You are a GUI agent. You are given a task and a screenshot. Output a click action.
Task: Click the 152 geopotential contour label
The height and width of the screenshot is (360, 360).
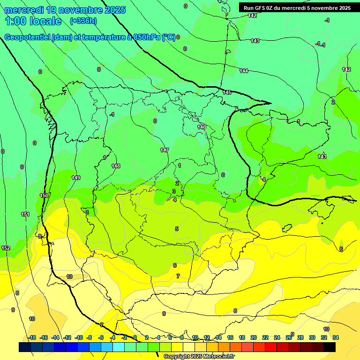click(x=6, y=248)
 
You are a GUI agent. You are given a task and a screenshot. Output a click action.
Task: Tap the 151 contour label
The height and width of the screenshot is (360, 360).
click(x=25, y=214)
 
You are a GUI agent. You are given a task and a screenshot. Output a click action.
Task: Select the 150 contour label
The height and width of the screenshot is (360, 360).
click(x=44, y=195)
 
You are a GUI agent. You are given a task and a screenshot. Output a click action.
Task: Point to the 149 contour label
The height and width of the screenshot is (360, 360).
click(x=76, y=178)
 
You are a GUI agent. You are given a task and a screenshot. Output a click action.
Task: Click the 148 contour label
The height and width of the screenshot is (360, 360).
click(x=116, y=166)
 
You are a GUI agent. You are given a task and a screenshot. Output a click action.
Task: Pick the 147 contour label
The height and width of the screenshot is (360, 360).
click(x=164, y=150)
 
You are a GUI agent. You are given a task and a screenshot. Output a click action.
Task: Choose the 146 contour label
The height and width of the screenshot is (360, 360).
click(x=202, y=127)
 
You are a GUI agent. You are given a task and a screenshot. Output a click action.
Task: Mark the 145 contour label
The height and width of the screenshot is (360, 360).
click(x=227, y=92)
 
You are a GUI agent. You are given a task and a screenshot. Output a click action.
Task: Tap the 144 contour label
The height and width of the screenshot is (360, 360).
click(x=244, y=71)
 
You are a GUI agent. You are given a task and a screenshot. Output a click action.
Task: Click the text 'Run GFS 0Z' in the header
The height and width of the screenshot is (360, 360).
click(x=259, y=8)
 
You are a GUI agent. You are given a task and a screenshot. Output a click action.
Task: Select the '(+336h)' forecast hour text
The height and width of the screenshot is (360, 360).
click(x=83, y=21)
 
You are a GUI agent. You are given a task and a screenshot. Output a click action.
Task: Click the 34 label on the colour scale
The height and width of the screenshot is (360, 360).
click(x=336, y=337)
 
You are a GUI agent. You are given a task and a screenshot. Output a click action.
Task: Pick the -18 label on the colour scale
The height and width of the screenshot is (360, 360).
click(x=32, y=337)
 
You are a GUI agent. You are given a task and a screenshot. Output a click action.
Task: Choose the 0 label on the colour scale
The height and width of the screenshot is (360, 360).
click(x=135, y=337)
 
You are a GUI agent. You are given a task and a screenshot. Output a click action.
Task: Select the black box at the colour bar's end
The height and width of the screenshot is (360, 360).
click(x=330, y=347)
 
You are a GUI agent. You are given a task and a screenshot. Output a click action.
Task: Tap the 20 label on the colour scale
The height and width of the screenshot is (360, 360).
click(x=254, y=337)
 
